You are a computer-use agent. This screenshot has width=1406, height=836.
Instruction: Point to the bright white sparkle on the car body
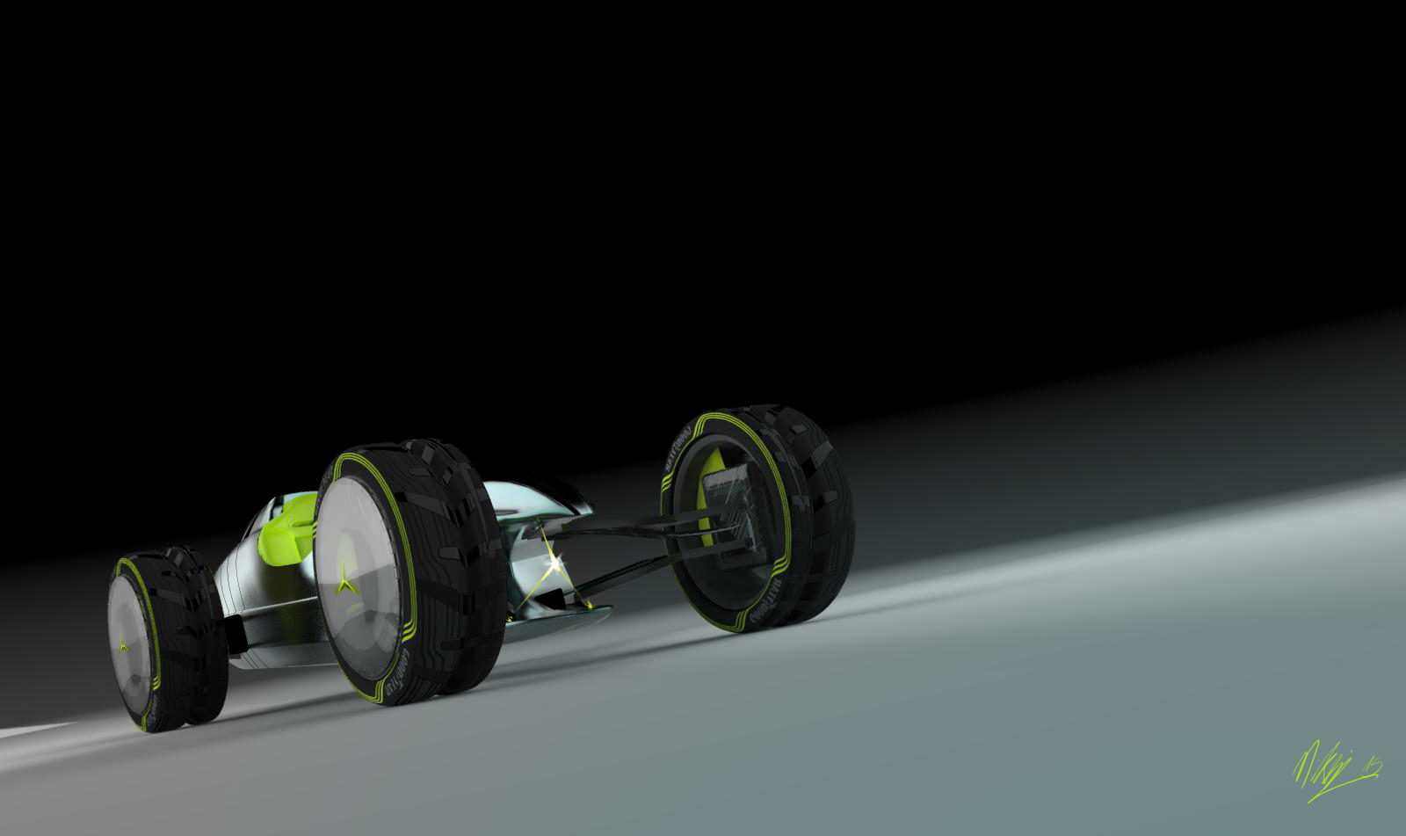pos(554,560)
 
